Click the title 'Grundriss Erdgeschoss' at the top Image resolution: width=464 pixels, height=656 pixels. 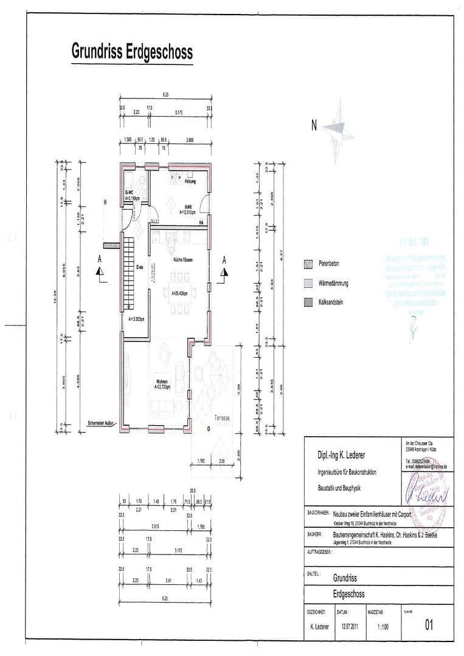tap(132, 52)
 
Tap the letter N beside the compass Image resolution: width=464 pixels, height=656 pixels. tap(314, 126)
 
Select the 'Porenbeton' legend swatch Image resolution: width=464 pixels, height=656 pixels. tap(307, 264)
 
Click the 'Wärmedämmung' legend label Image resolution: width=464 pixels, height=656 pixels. tap(333, 283)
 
